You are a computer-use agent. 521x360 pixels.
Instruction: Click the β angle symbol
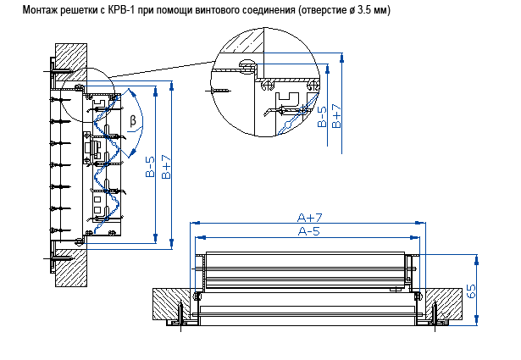point(133,120)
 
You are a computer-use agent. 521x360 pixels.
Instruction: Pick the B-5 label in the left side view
point(150,167)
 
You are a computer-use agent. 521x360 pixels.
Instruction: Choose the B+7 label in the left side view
point(166,167)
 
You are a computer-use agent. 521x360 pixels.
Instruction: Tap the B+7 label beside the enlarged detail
point(336,116)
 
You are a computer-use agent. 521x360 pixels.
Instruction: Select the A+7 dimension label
point(308,218)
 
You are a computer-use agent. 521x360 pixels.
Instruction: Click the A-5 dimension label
point(308,231)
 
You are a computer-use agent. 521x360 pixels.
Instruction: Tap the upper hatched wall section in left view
point(69,53)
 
